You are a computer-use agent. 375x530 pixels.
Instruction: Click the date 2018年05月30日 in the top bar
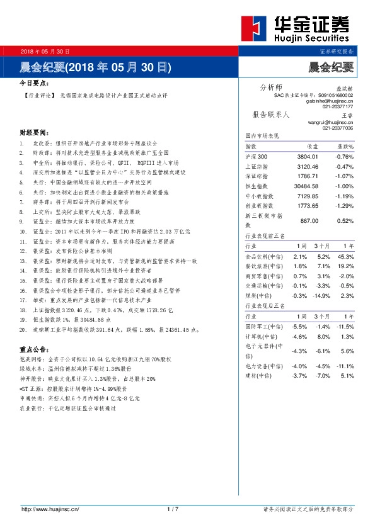coord(45,51)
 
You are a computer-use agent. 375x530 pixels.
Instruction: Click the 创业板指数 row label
coord(259,206)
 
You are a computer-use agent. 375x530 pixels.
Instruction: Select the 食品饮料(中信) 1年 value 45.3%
coord(345,257)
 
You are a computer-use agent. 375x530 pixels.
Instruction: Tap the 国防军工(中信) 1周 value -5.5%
coord(299,327)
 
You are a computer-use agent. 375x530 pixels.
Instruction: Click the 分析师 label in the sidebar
coord(272,87)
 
